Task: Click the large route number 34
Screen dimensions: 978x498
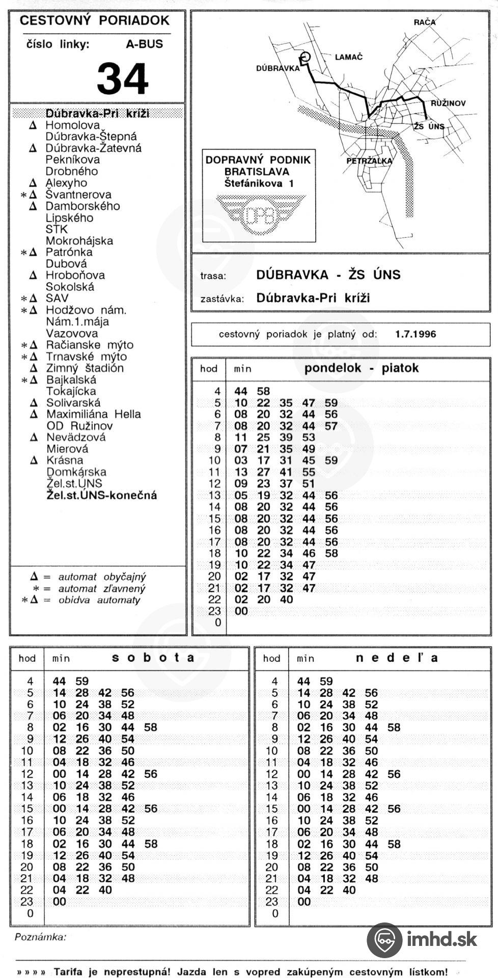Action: (122, 78)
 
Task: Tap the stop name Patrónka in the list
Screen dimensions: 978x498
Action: (69, 252)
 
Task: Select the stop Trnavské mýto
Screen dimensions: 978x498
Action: (86, 357)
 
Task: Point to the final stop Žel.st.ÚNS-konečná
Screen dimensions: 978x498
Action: (102, 495)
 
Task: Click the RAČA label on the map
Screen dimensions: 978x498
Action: (424, 22)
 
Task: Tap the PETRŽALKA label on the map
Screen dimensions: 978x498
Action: (369, 161)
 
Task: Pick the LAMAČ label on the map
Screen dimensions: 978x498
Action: (348, 57)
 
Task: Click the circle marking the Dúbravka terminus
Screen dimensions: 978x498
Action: (306, 57)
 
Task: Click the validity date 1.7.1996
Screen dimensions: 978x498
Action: (416, 334)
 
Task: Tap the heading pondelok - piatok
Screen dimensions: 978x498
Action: (361, 368)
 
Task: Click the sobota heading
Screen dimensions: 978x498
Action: (153, 658)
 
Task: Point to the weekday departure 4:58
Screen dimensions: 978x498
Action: (263, 391)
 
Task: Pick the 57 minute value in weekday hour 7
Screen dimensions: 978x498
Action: (331, 426)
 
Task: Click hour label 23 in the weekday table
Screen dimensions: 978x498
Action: (215, 611)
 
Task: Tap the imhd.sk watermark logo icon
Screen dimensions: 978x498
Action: (384, 940)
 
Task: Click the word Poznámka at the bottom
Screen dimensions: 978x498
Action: (41, 936)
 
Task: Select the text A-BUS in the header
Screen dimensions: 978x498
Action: (145, 44)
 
